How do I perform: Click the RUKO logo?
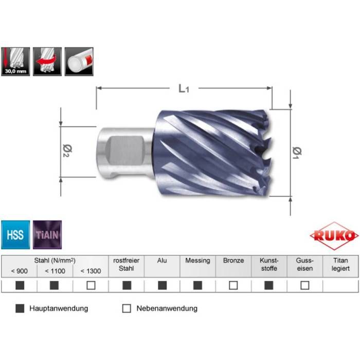tap(334, 236)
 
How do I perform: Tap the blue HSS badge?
tap(15, 235)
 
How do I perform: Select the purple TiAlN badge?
tap(47, 235)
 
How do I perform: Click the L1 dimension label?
tap(184, 88)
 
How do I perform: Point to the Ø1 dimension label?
tap(297, 153)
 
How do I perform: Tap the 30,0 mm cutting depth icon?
tap(15, 61)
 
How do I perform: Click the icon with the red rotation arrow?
tap(47, 61)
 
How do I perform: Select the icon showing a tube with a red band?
tap(80, 61)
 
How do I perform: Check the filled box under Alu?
tap(162, 285)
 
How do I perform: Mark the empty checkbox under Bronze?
tap(233, 285)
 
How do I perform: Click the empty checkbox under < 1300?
tap(91, 285)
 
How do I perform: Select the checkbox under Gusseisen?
tap(305, 285)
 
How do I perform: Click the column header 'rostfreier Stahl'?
tap(127, 264)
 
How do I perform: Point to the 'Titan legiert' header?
tap(340, 264)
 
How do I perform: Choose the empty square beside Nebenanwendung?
tap(127, 309)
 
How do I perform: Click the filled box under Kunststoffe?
tap(269, 285)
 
